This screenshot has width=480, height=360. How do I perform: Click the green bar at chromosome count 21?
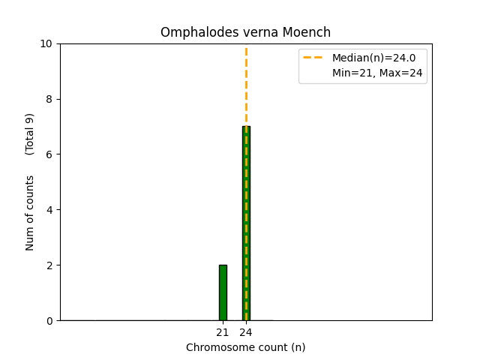[223, 292]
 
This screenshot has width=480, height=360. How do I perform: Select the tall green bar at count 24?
[242, 225]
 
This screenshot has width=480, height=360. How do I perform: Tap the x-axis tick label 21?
[223, 332]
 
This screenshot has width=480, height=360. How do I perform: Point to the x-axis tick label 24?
[246, 332]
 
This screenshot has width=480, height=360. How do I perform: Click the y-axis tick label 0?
[49, 321]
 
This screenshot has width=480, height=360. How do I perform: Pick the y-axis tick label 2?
[49, 265]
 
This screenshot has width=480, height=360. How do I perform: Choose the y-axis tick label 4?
[49, 210]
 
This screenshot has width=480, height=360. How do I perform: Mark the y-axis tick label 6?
[49, 154]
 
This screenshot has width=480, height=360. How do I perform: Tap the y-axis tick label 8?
[49, 99]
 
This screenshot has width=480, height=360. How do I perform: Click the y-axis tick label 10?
[46, 43]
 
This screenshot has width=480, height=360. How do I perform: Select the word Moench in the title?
[310, 33]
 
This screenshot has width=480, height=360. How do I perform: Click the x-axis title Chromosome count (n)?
[246, 347]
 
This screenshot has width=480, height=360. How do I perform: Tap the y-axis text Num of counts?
[30, 213]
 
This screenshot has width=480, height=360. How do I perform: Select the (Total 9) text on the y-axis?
[30, 134]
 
